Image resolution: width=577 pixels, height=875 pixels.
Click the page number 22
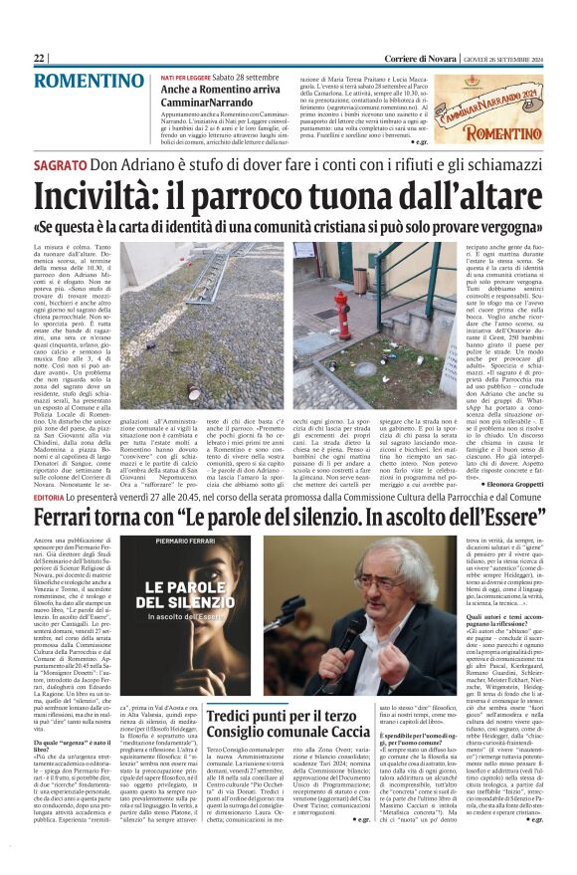tap(40, 58)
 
